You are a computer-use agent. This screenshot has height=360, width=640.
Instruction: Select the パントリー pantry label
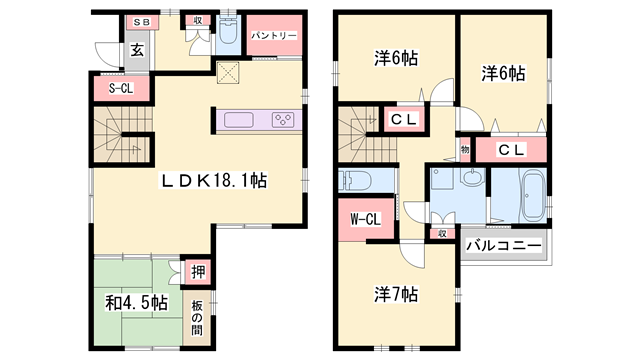[x=273, y=36]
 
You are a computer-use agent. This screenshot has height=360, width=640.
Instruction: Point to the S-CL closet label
[x=120, y=89]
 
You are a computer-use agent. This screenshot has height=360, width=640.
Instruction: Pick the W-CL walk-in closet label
[x=364, y=219]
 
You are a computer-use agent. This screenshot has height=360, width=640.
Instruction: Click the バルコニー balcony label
[x=505, y=245]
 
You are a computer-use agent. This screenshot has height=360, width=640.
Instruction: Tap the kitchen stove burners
[x=283, y=120]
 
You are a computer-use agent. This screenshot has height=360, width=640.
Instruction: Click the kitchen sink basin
[x=240, y=120]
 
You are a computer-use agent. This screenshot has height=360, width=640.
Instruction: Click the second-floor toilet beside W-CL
[x=355, y=181]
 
